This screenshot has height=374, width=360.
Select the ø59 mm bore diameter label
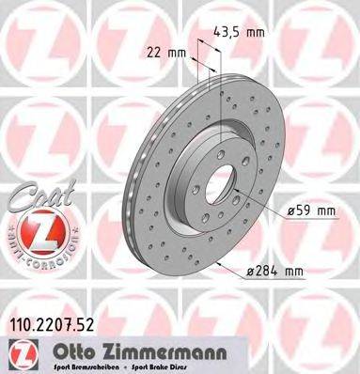point(311,211)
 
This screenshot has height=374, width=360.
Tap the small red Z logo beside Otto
point(21,355)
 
